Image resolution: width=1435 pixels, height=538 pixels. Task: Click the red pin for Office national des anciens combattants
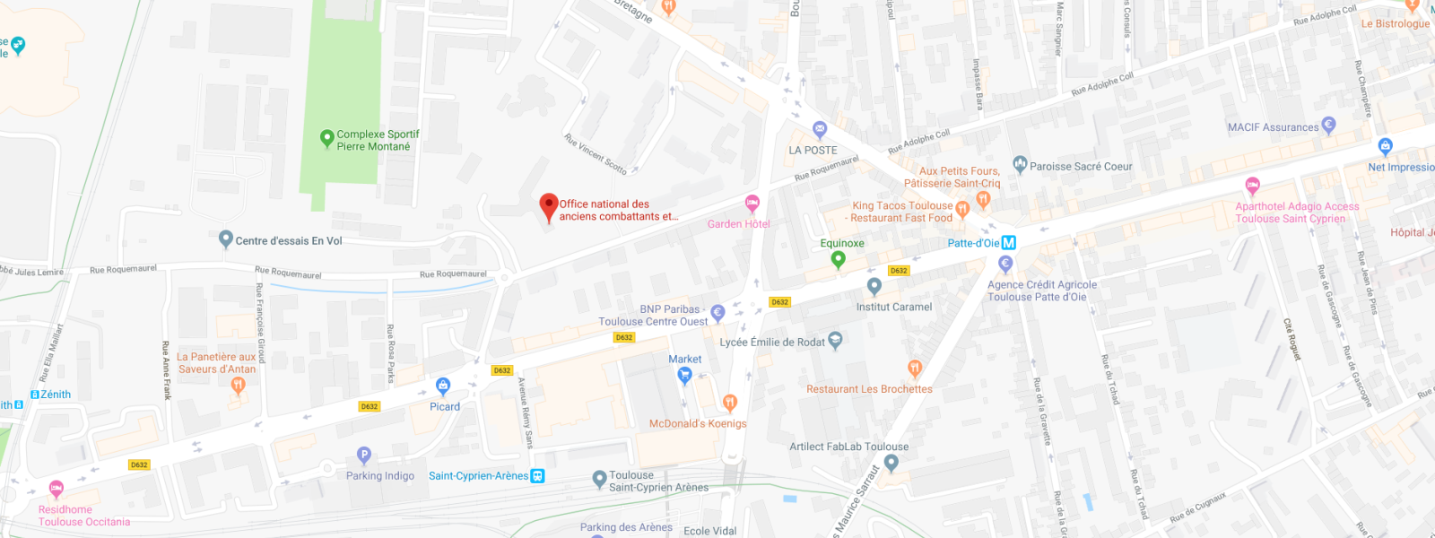click(549, 205)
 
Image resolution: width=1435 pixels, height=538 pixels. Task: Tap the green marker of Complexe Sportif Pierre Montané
click(327, 138)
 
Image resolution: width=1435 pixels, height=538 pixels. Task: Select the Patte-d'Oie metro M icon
click(1009, 243)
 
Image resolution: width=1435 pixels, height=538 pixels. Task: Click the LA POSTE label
click(813, 151)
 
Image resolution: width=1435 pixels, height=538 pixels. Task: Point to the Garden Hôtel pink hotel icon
click(752, 203)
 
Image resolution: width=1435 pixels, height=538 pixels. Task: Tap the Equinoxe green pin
click(839, 259)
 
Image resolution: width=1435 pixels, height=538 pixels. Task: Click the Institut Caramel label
click(893, 307)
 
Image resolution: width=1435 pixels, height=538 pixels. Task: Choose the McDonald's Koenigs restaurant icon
click(730, 403)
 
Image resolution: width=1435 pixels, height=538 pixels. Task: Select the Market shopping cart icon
click(685, 376)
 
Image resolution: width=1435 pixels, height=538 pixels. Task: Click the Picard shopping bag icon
click(443, 386)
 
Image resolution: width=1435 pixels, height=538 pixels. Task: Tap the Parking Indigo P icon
click(363, 456)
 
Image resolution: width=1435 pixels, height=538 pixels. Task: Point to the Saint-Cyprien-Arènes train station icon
click(538, 476)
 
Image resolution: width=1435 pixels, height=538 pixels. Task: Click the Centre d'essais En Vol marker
click(226, 239)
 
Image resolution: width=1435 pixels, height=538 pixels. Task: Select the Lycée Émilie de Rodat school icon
click(835, 340)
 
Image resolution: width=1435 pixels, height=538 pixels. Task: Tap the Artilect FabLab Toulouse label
click(848, 447)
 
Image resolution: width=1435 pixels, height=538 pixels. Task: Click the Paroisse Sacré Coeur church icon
click(1020, 164)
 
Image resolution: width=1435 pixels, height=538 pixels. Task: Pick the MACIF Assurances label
click(1273, 127)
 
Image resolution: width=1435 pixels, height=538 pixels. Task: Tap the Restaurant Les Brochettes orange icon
click(915, 368)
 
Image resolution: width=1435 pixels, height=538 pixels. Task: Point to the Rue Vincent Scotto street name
click(596, 153)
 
